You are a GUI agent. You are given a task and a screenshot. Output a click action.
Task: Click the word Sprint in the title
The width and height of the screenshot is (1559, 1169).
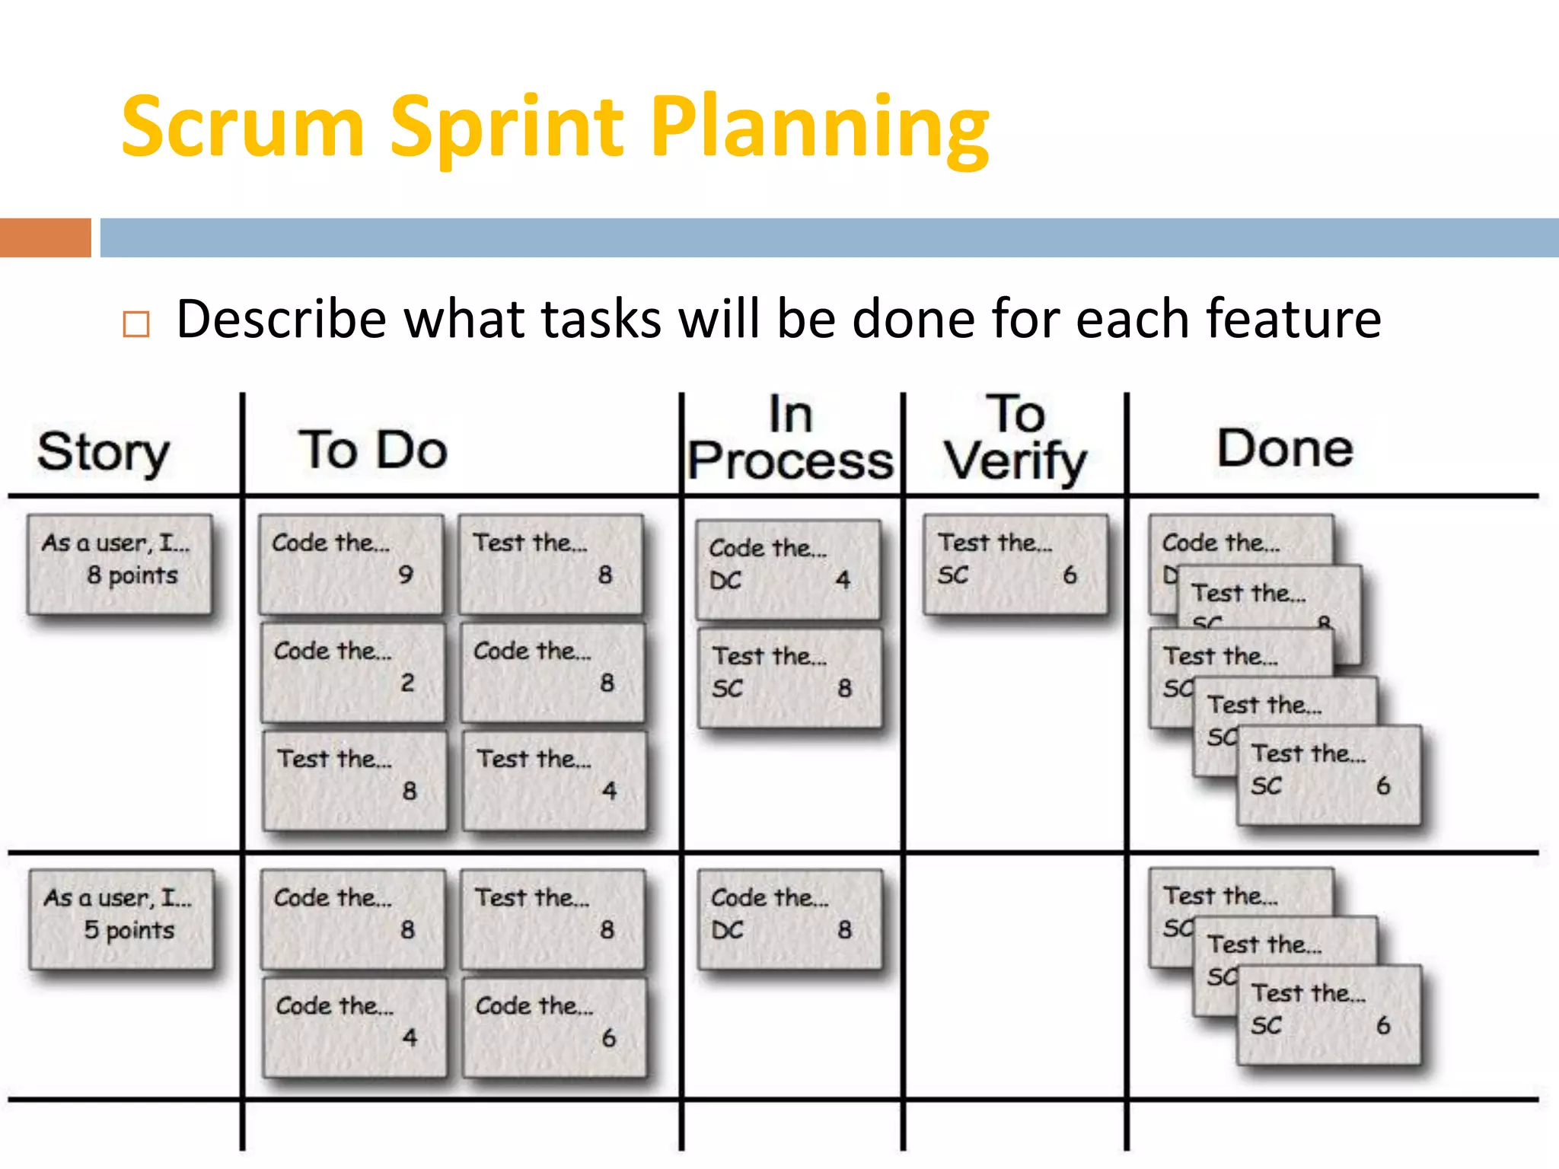(509, 128)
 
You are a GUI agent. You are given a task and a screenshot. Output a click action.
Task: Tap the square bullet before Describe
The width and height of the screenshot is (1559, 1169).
(136, 324)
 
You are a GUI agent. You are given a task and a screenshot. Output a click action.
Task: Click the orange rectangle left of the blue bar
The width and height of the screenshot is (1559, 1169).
(45, 237)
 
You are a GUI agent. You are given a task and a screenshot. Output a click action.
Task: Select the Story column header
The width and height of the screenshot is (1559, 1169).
(104, 451)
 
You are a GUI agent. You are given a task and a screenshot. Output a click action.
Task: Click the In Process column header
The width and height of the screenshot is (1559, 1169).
(790, 438)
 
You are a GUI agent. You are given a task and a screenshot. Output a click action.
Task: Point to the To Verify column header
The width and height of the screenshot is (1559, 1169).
(1016, 438)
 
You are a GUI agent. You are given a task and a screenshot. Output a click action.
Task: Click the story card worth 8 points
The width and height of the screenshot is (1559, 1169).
(120, 563)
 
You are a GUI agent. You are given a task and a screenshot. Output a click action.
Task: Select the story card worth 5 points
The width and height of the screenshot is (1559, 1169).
(122, 919)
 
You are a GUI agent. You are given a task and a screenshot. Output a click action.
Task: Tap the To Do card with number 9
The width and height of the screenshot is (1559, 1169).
(351, 563)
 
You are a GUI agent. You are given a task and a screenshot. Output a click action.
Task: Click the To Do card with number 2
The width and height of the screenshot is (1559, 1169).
(352, 671)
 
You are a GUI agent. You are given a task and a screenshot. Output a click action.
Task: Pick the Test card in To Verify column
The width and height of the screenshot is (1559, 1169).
(1015, 563)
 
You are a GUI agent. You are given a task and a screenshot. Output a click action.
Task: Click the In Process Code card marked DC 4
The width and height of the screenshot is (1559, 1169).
(789, 569)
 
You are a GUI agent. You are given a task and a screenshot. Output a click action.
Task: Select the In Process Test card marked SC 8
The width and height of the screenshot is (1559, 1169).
(790, 677)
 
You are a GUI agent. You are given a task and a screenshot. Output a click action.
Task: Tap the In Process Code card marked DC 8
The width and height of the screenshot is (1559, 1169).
(790, 918)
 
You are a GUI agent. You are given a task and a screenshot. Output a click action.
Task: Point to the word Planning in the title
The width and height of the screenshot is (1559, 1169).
(819, 128)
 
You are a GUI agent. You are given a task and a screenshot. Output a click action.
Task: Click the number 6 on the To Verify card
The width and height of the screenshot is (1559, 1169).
(1070, 575)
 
